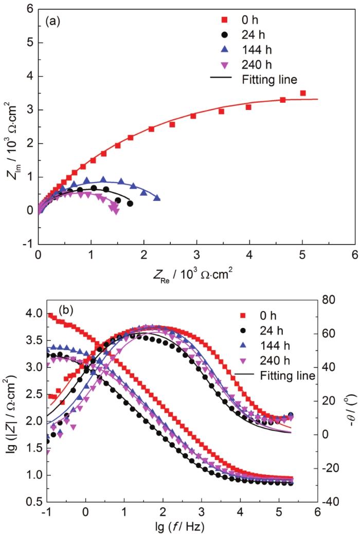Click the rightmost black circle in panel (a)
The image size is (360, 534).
tap(130, 204)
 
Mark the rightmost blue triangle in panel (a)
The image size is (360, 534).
tap(157, 198)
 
